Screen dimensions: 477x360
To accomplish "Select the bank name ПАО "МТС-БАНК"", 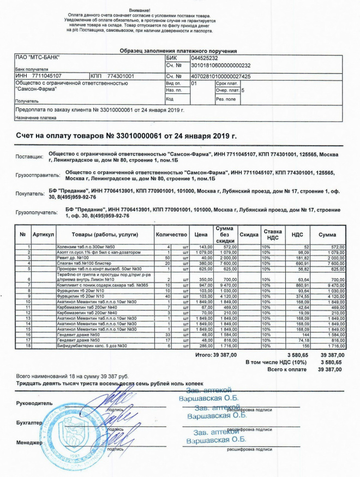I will tap(37, 58).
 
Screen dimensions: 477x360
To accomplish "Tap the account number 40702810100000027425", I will tap(220, 76).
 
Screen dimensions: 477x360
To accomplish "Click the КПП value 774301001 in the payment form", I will tap(121, 76).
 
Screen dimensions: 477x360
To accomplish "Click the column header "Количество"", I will tap(171, 235).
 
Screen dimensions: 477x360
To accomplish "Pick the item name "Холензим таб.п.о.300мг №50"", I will tap(87, 247).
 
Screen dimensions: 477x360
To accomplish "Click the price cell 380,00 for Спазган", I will tap(202, 264).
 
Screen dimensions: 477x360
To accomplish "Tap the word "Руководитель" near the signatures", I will tap(35, 403).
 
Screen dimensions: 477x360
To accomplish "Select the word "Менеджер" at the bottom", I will tap(29, 443).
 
